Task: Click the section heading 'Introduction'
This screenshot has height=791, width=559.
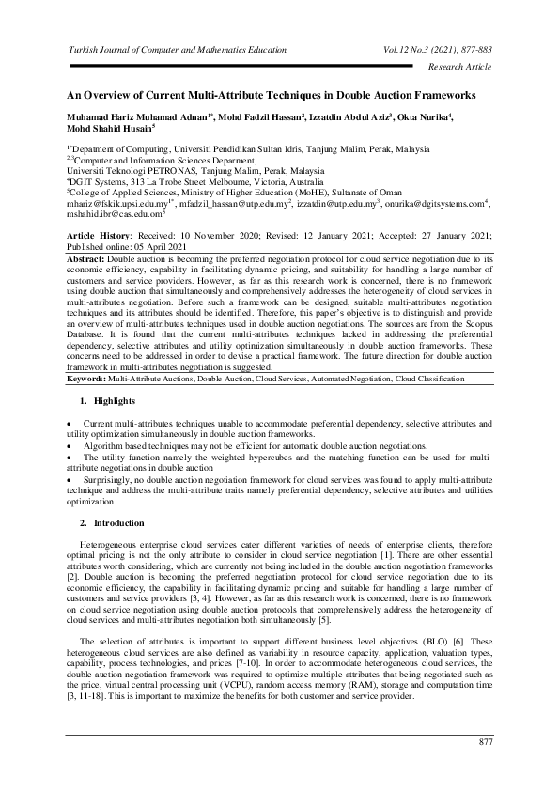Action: pyautogui.click(x=118, y=521)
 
